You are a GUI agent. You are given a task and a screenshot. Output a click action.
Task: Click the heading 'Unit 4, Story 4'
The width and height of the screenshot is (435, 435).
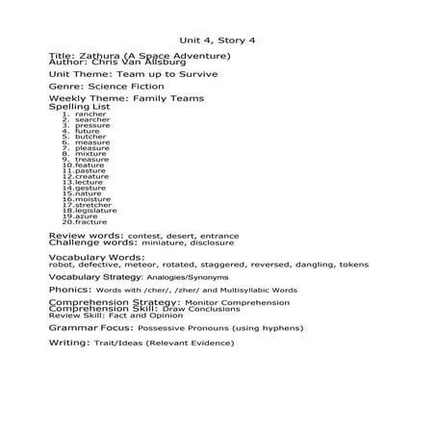click(217, 40)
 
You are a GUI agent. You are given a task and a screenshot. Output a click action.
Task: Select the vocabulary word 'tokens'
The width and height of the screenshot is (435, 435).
click(347, 264)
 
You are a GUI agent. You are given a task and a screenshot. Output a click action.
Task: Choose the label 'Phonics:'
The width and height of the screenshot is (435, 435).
click(69, 289)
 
